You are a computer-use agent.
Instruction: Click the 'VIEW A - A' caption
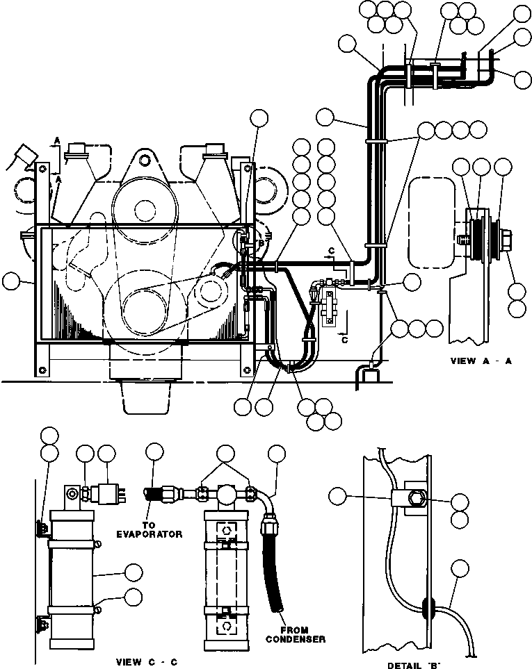pos(481,361)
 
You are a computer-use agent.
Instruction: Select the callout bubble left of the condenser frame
pos(12,281)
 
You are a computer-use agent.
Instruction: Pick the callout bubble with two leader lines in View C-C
pos(225,454)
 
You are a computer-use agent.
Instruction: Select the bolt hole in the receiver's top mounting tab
pos(70,495)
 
